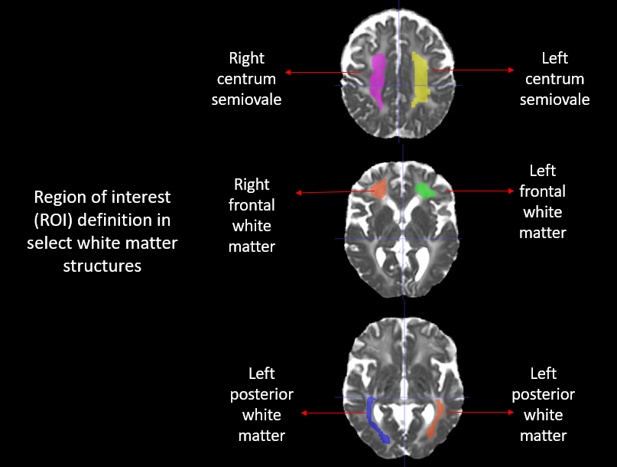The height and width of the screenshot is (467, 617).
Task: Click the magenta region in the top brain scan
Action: (377, 80)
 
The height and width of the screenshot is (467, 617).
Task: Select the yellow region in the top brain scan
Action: (420, 80)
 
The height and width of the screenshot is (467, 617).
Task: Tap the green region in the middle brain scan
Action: (425, 190)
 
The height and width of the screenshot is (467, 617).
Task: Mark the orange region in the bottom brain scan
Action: (436, 418)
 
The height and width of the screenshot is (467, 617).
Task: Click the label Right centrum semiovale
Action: (246, 79)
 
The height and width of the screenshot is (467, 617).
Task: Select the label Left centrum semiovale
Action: (554, 79)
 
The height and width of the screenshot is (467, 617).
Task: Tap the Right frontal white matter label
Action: (252, 215)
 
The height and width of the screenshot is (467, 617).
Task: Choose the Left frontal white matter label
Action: (542, 201)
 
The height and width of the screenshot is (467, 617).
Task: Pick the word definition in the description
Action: (124, 220)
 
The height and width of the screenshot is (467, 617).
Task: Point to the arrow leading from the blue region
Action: (333, 413)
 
